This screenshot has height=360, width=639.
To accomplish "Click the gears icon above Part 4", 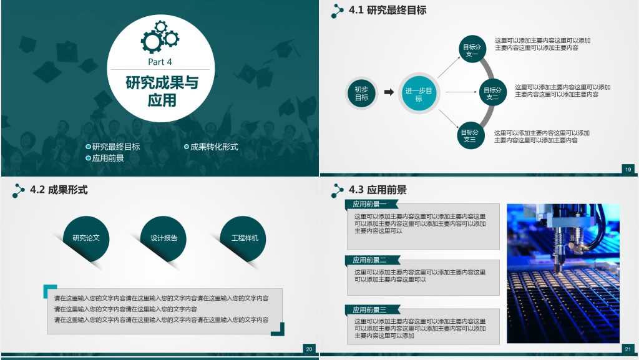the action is pos(160,37).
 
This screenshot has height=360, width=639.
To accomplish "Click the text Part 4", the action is pos(160,62).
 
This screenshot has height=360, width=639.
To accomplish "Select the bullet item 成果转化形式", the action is pos(211,147).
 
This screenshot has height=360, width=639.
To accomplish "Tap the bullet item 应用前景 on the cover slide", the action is pos(105,158).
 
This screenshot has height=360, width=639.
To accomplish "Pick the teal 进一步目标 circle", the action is pos(419,94).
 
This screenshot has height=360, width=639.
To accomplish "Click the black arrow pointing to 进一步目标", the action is pos(389,92).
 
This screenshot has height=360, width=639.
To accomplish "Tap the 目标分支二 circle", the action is pos(492,92).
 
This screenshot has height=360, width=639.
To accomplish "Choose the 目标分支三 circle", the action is pos(470,135).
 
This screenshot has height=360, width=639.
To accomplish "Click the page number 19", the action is pos(628,170).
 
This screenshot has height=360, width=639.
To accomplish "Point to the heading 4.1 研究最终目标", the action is pos(388,10).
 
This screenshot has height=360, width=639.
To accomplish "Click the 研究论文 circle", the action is pos(86,238).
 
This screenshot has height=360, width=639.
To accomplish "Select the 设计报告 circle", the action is pos(163,238).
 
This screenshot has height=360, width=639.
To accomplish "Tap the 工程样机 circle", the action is pos(243,238).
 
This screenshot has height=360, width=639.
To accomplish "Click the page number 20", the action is pos(310,349).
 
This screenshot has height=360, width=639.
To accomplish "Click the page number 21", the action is pos(628,349).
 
